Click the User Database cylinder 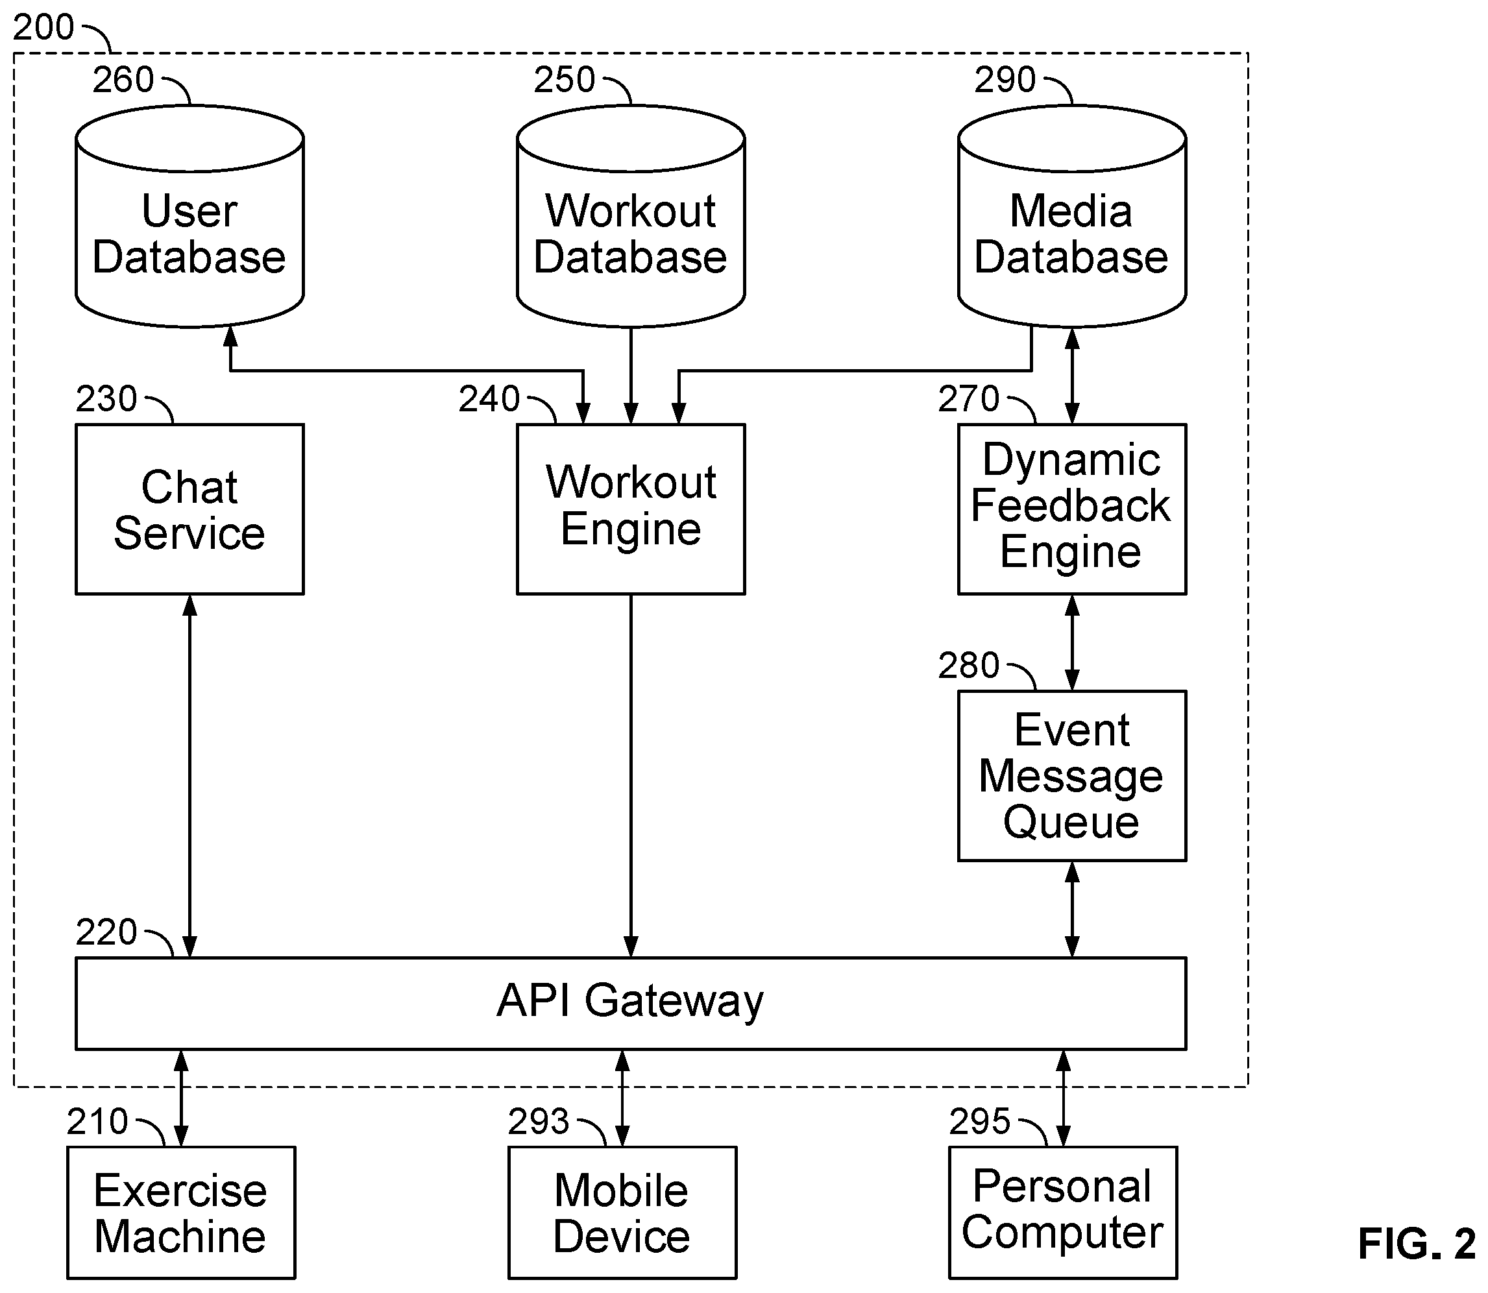pyautogui.click(x=189, y=217)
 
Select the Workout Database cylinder pyautogui.click(x=631, y=217)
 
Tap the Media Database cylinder pyautogui.click(x=1071, y=217)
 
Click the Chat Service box pyautogui.click(x=189, y=509)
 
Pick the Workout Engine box pyautogui.click(x=631, y=509)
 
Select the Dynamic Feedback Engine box pyautogui.click(x=1071, y=509)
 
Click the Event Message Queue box pyautogui.click(x=1071, y=777)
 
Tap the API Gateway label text pyautogui.click(x=630, y=1002)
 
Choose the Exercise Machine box pyautogui.click(x=181, y=1213)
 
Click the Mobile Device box pyautogui.click(x=622, y=1213)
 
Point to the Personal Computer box pyautogui.click(x=1063, y=1213)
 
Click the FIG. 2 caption pyautogui.click(x=1417, y=1243)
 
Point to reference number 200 pyautogui.click(x=43, y=27)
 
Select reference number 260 pyautogui.click(x=123, y=79)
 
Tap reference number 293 pyautogui.click(x=539, y=1122)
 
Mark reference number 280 pyautogui.click(x=968, y=665)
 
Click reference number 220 pyautogui.click(x=106, y=932)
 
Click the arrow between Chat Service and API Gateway pyautogui.click(x=189, y=777)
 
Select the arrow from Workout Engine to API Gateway pyautogui.click(x=631, y=777)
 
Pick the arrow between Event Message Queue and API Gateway pyautogui.click(x=1072, y=910)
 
